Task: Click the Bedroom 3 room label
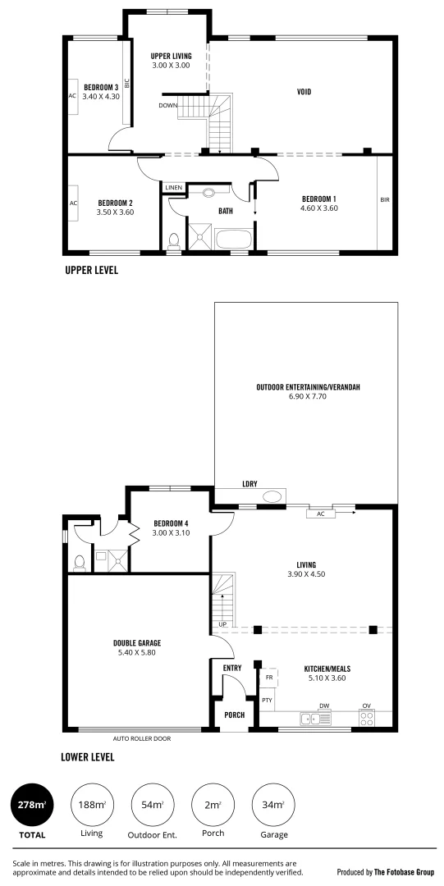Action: (101, 87)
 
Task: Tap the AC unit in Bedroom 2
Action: (73, 203)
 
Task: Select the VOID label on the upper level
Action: (304, 92)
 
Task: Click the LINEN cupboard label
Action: (173, 188)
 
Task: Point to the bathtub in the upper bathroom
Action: (232, 240)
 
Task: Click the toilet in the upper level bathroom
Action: (173, 240)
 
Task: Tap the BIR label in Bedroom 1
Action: (384, 199)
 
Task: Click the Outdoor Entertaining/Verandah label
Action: (303, 387)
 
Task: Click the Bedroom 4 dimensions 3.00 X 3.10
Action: (170, 533)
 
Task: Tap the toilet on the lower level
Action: (80, 563)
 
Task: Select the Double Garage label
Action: (137, 644)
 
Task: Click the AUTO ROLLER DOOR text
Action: (136, 738)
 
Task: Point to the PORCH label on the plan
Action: (234, 715)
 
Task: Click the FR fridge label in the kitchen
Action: (268, 678)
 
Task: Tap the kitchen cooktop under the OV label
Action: (368, 719)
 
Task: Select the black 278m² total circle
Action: (32, 806)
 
